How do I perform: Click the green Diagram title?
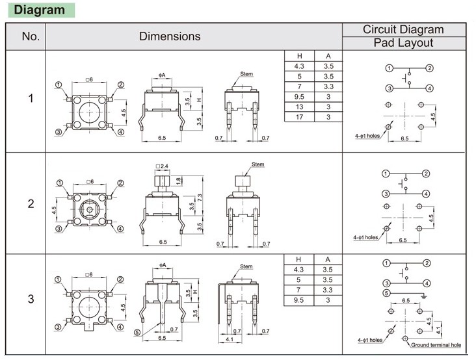pos(40,10)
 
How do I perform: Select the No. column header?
pos(31,37)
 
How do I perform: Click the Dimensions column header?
pos(170,37)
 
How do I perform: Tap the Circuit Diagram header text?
pos(403,30)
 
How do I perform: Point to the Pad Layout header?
pos(403,43)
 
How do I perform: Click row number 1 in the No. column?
pos(31,99)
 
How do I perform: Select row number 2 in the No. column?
pos(31,204)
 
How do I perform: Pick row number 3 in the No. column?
pos(31,300)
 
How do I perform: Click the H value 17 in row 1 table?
pos(299,116)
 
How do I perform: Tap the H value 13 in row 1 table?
pos(299,107)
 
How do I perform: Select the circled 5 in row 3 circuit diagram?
pos(388,293)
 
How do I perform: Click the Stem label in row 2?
pos(258,164)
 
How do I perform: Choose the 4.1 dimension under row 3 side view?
pos(230,339)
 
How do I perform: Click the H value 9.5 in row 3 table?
pos(299,300)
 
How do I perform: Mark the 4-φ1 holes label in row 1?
pos(367,136)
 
